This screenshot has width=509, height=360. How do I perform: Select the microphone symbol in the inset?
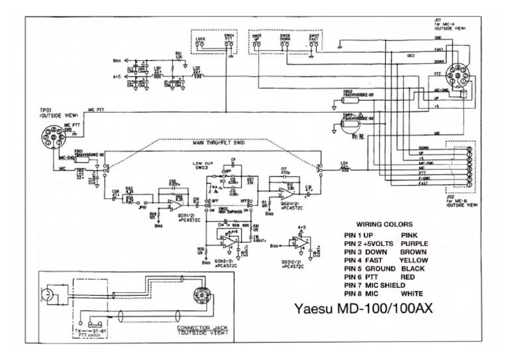click(49, 293)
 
